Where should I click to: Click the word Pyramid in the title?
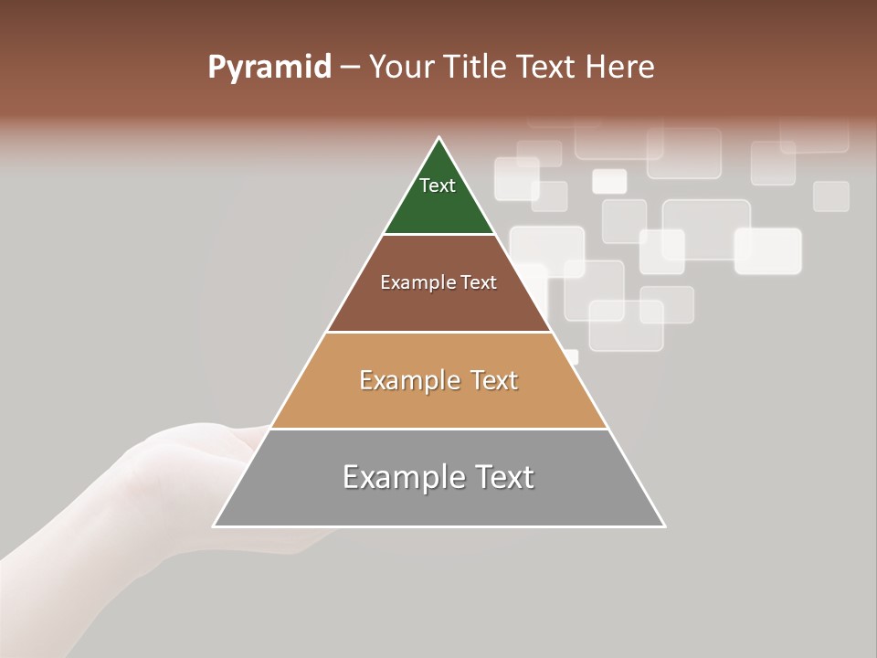[269, 68]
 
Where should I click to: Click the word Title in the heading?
[480, 68]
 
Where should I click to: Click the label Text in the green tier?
[438, 186]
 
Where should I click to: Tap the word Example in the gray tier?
[399, 477]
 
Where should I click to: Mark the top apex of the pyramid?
[439, 138]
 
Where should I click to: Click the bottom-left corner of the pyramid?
[214, 525]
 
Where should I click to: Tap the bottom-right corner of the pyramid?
[664, 525]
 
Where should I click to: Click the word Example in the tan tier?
[407, 380]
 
